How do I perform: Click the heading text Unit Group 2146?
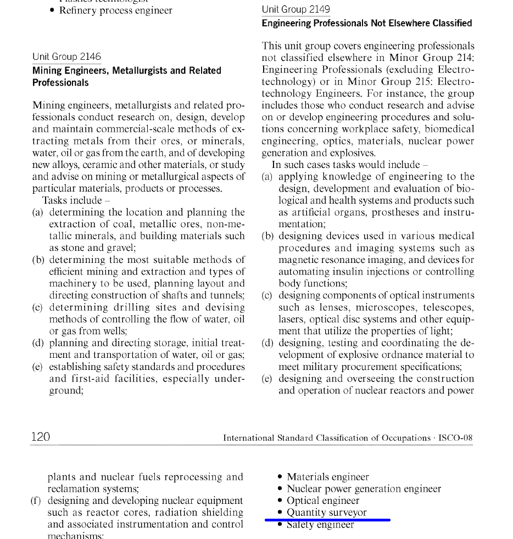tap(66, 57)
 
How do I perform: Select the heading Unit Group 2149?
tap(295, 9)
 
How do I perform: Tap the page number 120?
tap(41, 437)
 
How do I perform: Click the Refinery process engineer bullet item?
tap(115, 10)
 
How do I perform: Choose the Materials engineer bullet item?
tap(327, 477)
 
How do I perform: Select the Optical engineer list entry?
tap(323, 501)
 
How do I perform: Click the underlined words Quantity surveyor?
tap(326, 512)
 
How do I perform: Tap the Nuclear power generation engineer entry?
tap(364, 489)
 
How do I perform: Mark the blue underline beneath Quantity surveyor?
tap(327, 519)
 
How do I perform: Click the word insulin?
tap(353, 272)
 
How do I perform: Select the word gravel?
tap(120, 248)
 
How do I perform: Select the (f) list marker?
tap(37, 501)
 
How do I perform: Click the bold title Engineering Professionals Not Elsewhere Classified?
tap(366, 23)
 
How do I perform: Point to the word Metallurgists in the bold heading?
tap(138, 70)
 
